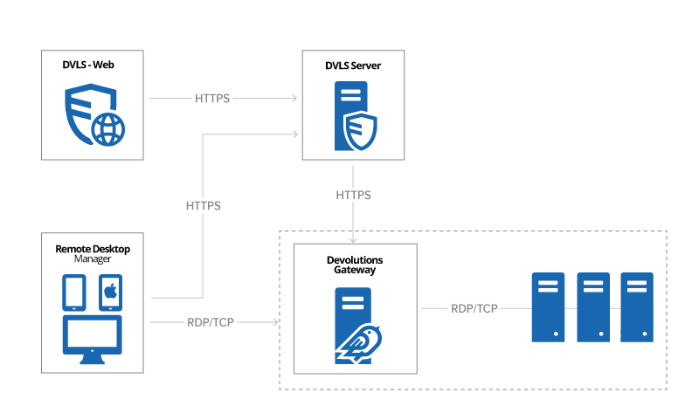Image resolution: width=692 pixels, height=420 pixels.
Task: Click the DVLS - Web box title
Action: (93, 65)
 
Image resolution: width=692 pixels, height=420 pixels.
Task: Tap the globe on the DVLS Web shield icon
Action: (108, 130)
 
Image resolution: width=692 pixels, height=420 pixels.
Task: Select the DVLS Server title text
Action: (353, 65)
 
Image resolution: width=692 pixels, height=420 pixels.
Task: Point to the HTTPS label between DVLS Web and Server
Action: (212, 99)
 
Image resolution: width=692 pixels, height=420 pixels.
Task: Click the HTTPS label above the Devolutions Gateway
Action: (353, 195)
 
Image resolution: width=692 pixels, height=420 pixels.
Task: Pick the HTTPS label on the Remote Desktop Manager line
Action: (203, 207)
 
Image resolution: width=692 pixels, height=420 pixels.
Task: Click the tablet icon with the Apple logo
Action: (110, 293)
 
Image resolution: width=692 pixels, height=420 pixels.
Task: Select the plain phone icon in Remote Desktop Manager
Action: (74, 293)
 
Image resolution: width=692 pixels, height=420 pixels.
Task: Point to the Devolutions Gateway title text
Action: (355, 265)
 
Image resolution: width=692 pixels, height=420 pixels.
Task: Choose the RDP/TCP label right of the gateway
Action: (474, 309)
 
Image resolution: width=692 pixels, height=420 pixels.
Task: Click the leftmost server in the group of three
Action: (549, 306)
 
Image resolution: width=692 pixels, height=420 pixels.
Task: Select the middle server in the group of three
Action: (593, 306)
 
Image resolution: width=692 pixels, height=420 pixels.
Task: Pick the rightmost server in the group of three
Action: (637, 306)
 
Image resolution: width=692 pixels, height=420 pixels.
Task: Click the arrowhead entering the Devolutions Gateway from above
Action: (353, 239)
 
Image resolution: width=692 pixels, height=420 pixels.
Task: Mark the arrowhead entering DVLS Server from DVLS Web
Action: (296, 99)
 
